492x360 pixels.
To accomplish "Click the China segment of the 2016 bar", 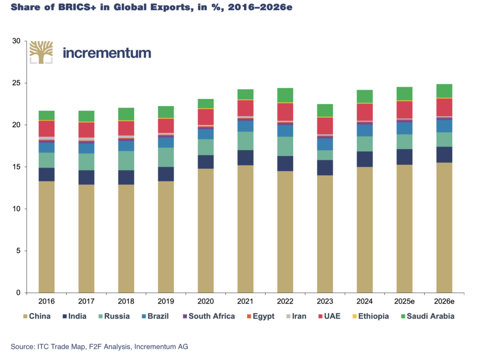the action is coord(47,237).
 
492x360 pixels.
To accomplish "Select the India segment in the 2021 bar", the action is coord(246,158).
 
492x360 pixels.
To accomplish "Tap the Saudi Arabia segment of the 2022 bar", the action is coord(285,96).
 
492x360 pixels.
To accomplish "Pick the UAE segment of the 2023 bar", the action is coord(325,126).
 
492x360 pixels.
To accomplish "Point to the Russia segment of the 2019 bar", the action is coord(166,157).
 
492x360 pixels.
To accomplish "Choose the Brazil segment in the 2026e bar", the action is coord(444,126).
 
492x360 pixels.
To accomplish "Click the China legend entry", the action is coord(37,316).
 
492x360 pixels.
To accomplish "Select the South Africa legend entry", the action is coord(209,316).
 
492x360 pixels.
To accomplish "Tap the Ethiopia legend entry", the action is coord(371,316).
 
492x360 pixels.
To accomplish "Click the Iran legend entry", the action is coord(296,316).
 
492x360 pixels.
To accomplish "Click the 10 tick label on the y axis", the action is coord(16,209).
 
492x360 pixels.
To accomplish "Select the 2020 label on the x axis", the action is coord(206,301).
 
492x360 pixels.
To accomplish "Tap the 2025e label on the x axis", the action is coord(405,301).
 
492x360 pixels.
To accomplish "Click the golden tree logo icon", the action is coord(41,52).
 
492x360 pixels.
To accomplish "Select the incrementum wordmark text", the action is coord(107,53).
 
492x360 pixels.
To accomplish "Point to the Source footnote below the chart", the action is coord(99,347).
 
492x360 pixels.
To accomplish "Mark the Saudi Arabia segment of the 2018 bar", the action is coord(126,114).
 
